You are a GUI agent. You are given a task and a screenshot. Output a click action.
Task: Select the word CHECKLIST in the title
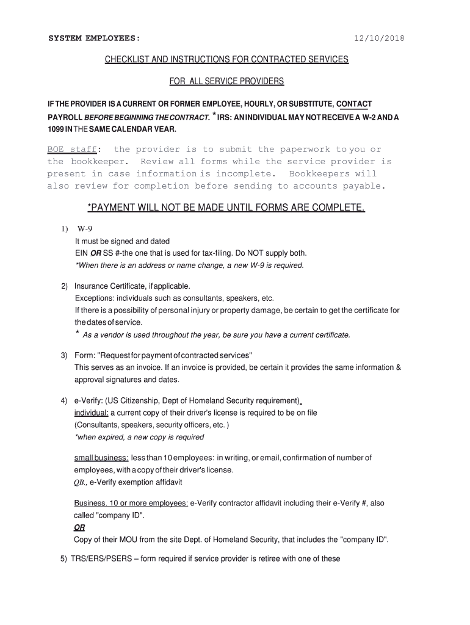(x=126, y=60)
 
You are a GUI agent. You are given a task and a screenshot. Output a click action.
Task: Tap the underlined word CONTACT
(x=354, y=104)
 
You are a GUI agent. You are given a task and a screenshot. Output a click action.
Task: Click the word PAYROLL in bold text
(x=65, y=117)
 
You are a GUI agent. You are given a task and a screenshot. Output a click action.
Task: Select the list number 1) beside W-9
(x=63, y=229)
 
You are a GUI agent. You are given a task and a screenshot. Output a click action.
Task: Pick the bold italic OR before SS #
(x=96, y=253)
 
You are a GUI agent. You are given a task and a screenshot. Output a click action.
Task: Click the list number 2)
(x=63, y=286)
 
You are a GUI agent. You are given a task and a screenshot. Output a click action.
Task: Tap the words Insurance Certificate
(x=110, y=286)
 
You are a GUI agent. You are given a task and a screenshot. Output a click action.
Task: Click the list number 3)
(x=63, y=356)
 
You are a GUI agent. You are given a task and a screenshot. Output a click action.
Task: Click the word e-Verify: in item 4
(x=88, y=401)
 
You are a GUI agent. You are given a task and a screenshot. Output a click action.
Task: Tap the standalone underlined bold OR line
(x=79, y=528)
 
